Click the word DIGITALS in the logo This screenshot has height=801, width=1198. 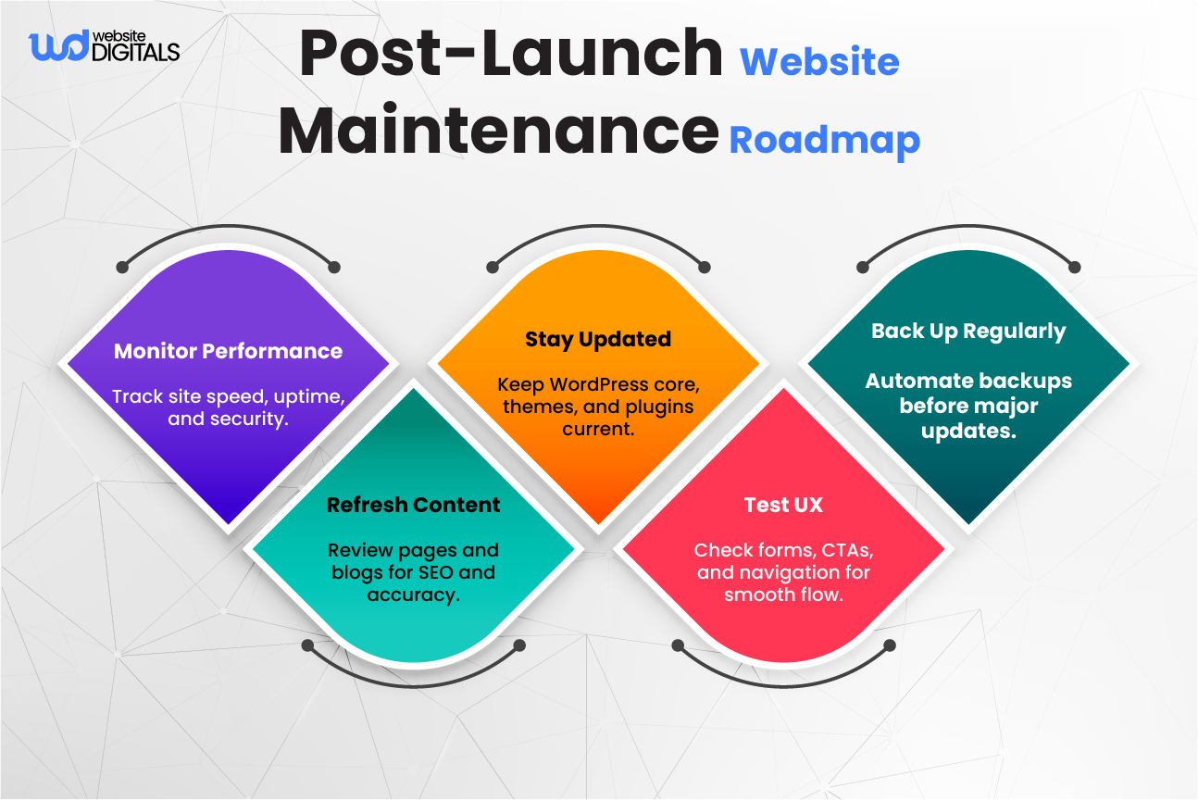135,54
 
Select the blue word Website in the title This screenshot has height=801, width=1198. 819,62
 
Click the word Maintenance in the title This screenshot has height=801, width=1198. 498,131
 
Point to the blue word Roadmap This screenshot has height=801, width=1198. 824,140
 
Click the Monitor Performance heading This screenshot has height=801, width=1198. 228,351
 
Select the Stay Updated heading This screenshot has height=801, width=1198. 598,339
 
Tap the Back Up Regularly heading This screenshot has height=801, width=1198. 968,332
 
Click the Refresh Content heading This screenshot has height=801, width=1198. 413,505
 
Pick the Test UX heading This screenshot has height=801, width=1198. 783,505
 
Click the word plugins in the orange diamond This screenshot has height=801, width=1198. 660,407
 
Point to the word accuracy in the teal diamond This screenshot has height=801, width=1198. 413,594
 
